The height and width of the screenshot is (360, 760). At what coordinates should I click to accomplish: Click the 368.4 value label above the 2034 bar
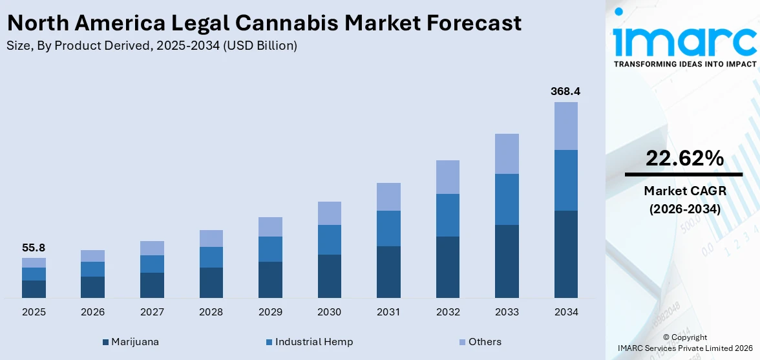tap(565, 91)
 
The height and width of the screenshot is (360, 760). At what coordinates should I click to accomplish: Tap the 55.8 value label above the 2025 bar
tap(34, 248)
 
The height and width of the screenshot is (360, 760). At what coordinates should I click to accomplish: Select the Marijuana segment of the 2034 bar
tap(565, 254)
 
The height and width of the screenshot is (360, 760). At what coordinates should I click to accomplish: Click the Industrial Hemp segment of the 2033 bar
tap(507, 199)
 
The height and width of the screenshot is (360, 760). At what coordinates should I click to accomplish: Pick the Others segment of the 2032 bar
tap(448, 177)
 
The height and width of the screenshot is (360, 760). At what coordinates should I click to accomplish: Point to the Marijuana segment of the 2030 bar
tap(330, 276)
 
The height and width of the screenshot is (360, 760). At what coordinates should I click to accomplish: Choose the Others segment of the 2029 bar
tap(270, 227)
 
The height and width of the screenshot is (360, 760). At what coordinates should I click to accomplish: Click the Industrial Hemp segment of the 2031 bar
tap(388, 228)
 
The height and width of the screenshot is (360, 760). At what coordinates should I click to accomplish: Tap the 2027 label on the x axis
tap(152, 312)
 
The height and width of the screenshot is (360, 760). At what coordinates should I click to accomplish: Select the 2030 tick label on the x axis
tap(330, 312)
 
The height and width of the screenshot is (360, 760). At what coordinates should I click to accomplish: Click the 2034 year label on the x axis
tap(565, 312)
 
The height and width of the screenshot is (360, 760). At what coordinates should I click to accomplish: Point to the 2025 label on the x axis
tap(34, 312)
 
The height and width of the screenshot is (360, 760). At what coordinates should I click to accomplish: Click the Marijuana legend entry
tap(131, 342)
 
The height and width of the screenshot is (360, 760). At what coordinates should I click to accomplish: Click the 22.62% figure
tap(684, 158)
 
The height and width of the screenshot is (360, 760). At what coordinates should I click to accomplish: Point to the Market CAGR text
tap(684, 191)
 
